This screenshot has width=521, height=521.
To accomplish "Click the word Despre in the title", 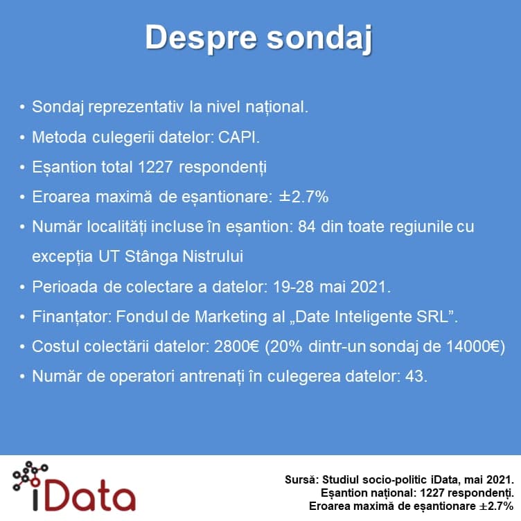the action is [x=202, y=38].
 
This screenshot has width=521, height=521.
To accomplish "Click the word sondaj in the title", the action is [x=319, y=38].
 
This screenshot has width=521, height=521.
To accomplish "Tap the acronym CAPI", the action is [x=238, y=137].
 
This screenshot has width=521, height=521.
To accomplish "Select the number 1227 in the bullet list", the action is [x=155, y=167].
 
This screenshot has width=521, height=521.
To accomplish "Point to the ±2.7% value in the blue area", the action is [x=303, y=197].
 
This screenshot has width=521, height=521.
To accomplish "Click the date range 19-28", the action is [x=293, y=287].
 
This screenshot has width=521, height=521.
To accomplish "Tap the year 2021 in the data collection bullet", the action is [x=369, y=287].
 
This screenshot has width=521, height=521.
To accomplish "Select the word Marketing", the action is [x=231, y=317].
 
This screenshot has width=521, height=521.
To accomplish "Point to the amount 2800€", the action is [x=236, y=346].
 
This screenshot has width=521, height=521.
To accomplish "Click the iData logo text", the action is [x=84, y=495].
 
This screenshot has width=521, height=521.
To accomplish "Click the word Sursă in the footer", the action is [x=301, y=480].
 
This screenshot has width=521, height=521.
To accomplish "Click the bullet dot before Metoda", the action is [x=22, y=137].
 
